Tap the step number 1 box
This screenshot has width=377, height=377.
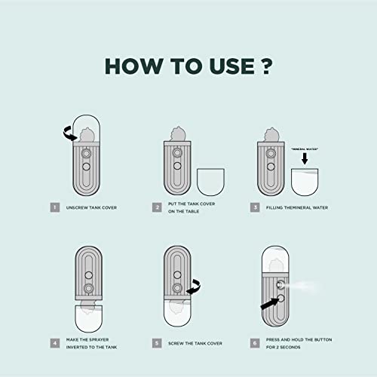pos(54,206)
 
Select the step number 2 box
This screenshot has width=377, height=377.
pos(157,206)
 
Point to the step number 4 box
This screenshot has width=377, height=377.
pos(54,342)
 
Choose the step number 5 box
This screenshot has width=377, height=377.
pos(157,342)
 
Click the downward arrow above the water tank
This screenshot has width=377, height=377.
pos(305,160)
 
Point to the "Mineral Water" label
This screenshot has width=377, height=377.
pos(305,149)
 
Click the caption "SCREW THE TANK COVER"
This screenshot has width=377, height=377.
pos(198,342)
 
